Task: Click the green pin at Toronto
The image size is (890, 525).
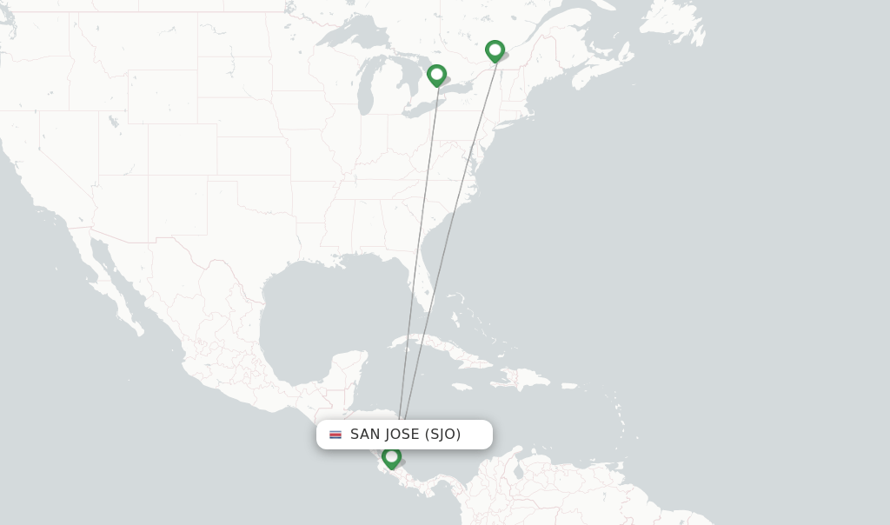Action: pyautogui.click(x=436, y=75)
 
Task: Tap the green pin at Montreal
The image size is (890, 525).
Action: pyautogui.click(x=495, y=50)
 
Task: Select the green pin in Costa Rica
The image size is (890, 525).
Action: pyautogui.click(x=391, y=455)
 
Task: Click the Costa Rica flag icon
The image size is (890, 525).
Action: pyautogui.click(x=335, y=435)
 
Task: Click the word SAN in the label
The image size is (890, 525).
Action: pyautogui.click(x=365, y=435)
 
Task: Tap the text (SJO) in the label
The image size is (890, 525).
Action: pyautogui.click(x=442, y=435)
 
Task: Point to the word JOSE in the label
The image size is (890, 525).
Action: pyautogui.click(x=402, y=435)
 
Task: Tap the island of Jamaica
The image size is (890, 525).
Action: pyautogui.click(x=462, y=386)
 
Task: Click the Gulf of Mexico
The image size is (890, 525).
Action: pyautogui.click(x=322, y=313)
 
